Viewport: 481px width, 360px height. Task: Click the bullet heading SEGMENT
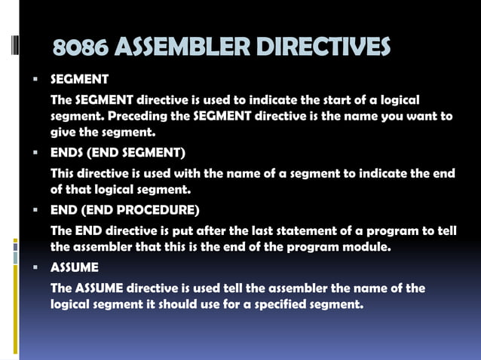(79, 79)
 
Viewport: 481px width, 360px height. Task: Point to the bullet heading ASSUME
(74, 267)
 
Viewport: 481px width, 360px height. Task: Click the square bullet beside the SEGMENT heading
(35, 79)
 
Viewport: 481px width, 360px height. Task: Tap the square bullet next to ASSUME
(35, 267)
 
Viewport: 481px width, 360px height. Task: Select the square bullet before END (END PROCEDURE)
(35, 209)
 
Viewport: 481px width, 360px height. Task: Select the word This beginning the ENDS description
(63, 173)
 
